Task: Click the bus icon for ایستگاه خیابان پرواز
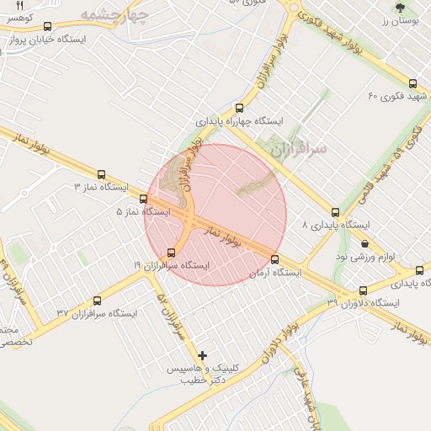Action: pos(45,26)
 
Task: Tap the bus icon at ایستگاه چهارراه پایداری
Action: pos(240,108)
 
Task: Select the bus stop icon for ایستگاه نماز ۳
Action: pos(102,174)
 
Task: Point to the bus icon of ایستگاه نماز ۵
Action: pos(143,200)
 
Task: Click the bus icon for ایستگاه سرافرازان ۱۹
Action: pos(173,252)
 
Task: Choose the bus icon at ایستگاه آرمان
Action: pos(275,259)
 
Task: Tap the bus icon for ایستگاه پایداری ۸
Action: pos(336,212)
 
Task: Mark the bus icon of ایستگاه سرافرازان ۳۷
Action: pos(97,300)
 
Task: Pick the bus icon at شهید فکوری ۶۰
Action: pos(412,82)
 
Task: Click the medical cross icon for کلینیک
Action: pos(202,355)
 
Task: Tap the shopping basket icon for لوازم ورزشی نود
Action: pos(364,243)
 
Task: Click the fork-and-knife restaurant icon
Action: pos(20,5)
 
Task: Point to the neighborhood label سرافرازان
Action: pos(299,148)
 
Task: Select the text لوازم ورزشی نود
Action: pos(371,256)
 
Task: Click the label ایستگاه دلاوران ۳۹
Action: pos(363,301)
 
